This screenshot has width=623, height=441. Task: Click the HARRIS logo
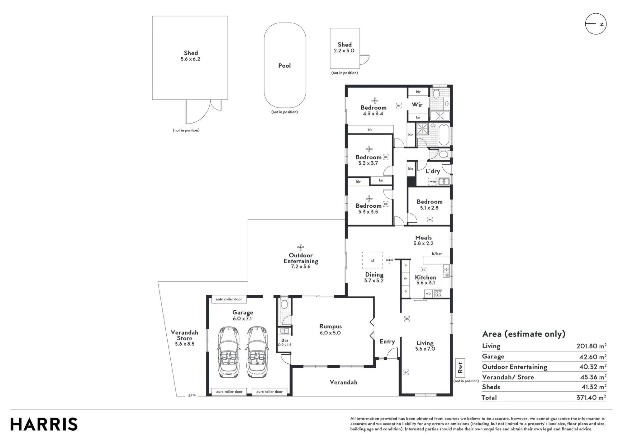pyautogui.click(x=44, y=424)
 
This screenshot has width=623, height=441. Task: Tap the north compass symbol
pyautogui.click(x=596, y=24)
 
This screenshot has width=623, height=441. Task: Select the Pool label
pyautogui.click(x=284, y=65)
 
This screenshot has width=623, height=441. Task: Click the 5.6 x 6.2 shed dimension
pyautogui.click(x=190, y=59)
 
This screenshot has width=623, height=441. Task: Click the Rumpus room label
pyautogui.click(x=331, y=327)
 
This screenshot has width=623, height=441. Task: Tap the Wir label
pyautogui.click(x=417, y=104)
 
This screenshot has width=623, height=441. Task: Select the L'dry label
pyautogui.click(x=433, y=171)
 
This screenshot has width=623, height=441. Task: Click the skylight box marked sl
pyautogui.click(x=372, y=260)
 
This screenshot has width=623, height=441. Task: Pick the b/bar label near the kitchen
pyautogui.click(x=437, y=254)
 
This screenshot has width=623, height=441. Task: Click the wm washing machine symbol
pyautogui.click(x=433, y=181)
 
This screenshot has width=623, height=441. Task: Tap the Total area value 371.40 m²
pyautogui.click(x=591, y=397)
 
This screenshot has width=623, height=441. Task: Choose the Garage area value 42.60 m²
pyautogui.click(x=593, y=356)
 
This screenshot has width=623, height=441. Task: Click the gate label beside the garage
pyautogui.click(x=192, y=395)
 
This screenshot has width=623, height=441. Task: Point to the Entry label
pyautogui.click(x=387, y=342)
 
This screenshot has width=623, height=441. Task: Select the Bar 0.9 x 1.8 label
pyautogui.click(x=285, y=342)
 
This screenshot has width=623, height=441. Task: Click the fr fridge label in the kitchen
pyautogui.click(x=406, y=279)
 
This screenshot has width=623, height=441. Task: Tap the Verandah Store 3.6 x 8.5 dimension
pyautogui.click(x=184, y=344)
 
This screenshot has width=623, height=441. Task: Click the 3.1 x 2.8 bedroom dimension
pyautogui.click(x=429, y=208)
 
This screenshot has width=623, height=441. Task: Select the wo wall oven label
pyautogui.click(x=428, y=293)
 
